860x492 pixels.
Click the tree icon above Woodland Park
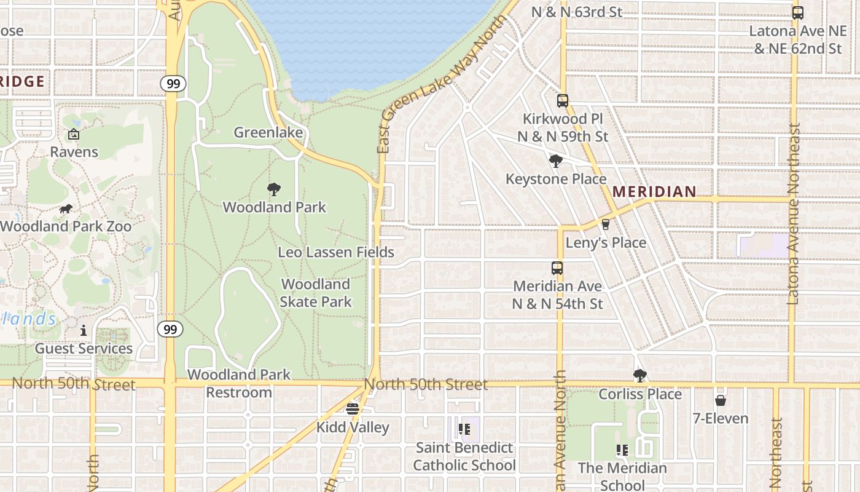point(274,189)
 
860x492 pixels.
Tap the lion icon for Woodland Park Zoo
point(66,208)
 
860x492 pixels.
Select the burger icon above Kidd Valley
point(352,409)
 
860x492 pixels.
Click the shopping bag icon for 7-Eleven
point(721,400)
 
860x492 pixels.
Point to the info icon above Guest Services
point(84,331)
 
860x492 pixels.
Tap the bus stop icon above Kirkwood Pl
point(562,101)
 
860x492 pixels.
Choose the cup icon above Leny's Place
point(605,224)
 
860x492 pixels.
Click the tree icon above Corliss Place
point(639,375)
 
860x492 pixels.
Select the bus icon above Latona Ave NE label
point(797,13)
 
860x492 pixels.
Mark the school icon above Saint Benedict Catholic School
point(464,429)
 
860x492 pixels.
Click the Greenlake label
point(268,132)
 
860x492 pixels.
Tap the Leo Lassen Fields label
point(336,252)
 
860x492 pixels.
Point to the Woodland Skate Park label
point(316,293)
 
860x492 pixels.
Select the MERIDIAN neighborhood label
point(654,192)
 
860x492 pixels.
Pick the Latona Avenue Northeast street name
point(793,214)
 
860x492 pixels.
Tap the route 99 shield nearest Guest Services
point(170,330)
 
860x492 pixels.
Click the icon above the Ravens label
point(74,134)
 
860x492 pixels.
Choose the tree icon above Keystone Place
point(556,161)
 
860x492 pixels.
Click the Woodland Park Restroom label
point(239,383)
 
